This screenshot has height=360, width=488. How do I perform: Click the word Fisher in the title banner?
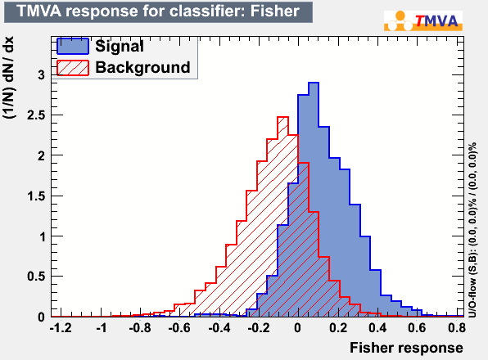point(275,11)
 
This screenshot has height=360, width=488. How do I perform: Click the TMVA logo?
point(423,20)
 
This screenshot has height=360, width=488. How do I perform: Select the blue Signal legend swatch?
point(73,47)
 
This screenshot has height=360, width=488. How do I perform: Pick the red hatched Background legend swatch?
point(73,68)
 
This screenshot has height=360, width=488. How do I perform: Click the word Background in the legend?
point(142,67)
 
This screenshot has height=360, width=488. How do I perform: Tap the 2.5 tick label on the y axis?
point(36,115)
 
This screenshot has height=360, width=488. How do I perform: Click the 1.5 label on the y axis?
point(36,196)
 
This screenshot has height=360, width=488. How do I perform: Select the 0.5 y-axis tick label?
point(36,277)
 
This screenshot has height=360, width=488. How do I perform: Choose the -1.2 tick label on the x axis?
point(61,327)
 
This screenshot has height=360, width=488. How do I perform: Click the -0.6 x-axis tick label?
point(179,327)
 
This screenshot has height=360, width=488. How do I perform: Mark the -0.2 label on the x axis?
point(258,327)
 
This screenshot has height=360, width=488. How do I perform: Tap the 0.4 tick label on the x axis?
point(377,327)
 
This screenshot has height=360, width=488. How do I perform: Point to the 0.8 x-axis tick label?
point(457,327)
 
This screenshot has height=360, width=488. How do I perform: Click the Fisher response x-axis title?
point(406,348)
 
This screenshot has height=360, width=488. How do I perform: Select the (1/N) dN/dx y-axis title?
point(8,78)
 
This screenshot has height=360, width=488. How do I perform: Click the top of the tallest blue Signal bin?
point(314,83)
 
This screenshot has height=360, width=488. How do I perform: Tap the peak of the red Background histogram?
point(282,117)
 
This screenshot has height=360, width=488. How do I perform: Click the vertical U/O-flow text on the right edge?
point(472,230)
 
